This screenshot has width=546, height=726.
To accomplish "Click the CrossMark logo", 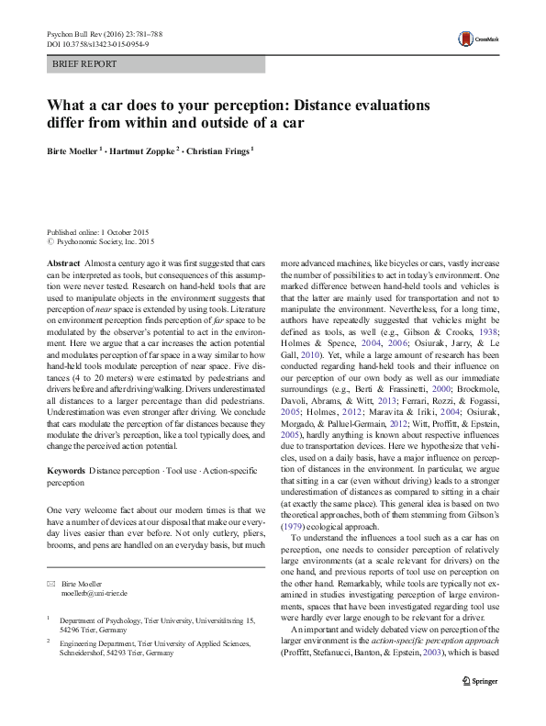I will point(474,39).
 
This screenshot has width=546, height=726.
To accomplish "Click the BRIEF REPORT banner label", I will point(84,64).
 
